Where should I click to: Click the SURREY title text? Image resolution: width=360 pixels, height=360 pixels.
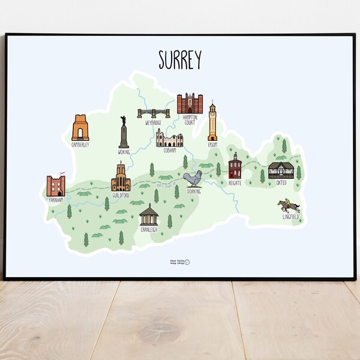(180, 59)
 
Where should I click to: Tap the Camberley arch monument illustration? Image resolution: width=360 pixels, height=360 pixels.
(80, 128)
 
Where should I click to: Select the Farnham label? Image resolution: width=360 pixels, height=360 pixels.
(56, 200)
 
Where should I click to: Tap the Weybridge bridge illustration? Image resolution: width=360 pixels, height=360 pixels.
(154, 113)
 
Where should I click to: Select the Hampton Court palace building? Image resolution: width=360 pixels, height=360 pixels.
(190, 104)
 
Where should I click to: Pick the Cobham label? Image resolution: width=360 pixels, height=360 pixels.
(170, 151)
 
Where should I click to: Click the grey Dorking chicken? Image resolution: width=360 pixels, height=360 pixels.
(193, 179)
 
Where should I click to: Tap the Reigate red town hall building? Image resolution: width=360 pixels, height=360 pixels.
(235, 166)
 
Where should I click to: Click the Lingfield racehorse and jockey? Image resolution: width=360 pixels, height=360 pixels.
(288, 206)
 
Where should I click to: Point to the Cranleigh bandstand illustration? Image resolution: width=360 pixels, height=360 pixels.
(148, 214)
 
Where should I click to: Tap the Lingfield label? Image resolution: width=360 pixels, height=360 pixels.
(290, 217)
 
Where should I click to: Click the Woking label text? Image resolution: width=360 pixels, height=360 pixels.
(124, 152)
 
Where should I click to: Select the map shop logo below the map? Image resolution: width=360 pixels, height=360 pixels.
(179, 262)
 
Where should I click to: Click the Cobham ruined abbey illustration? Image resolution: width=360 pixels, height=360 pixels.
(169, 138)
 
